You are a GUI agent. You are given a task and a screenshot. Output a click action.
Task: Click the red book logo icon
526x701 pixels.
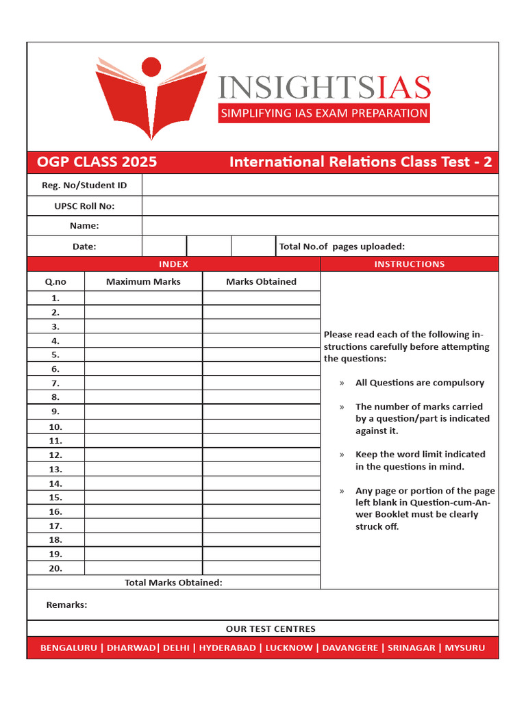coord(151,103)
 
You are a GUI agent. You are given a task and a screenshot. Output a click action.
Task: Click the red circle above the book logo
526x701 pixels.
coord(151,66)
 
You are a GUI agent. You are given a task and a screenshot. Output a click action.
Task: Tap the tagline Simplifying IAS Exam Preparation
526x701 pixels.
coord(324,113)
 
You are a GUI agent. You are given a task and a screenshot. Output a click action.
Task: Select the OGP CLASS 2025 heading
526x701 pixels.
coord(97,162)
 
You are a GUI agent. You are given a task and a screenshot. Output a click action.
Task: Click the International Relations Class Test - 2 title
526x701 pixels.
coord(360,162)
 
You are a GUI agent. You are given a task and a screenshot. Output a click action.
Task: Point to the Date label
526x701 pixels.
coord(84,246)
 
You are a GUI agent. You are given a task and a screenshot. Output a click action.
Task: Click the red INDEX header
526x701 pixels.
coord(173,264)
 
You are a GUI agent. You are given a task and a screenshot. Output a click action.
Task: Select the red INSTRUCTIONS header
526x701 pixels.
coord(409,264)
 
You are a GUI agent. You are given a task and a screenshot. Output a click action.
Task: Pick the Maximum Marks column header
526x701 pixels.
coord(143,281)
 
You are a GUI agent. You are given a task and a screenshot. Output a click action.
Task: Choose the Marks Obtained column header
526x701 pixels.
coord(261,281)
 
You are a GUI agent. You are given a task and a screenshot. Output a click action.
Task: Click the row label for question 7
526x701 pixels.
coord(55,383)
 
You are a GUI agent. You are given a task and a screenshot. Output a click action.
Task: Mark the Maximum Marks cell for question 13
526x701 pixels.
coord(143,469)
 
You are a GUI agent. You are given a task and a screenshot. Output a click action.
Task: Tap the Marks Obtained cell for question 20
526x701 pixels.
coord(261,568)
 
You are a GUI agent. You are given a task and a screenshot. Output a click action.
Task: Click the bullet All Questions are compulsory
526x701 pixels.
coord(419,383)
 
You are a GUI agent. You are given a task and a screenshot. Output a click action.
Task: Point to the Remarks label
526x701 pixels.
coord(66,604)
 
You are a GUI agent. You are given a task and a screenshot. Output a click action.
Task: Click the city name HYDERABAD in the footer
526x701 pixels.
coord(227,648)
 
